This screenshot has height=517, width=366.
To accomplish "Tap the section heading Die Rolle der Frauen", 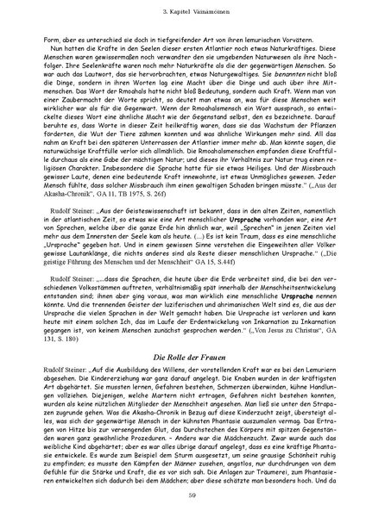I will (x=183, y=332).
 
